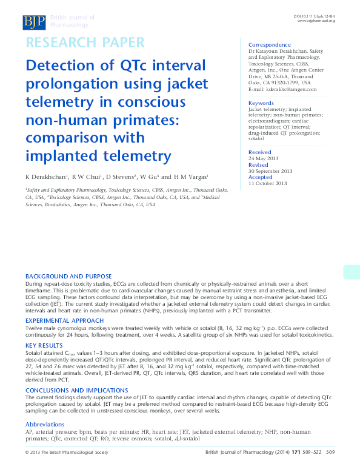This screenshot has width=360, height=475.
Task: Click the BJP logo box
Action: (34, 22)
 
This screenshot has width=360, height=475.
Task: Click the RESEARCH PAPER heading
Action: (84, 43)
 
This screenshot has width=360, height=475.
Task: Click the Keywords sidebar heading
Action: (261, 103)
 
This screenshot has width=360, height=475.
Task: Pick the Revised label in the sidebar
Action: (258, 164)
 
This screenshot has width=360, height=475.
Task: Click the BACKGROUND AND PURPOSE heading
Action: (68, 276)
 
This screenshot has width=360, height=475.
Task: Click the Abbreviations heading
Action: (45, 423)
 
